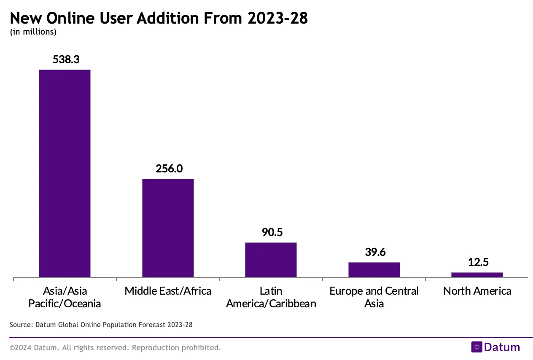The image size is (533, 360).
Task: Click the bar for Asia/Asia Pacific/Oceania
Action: pyautogui.click(x=65, y=173)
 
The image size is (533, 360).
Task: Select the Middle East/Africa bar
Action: pyautogui.click(x=168, y=228)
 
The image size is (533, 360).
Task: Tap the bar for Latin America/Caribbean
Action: pyautogui.click(x=271, y=260)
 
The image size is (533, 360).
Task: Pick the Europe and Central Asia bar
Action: pyautogui.click(x=374, y=270)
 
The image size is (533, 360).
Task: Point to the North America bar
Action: pyautogui.click(x=477, y=275)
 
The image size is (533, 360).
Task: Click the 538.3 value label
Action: pyautogui.click(x=66, y=59)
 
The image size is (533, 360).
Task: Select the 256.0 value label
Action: pyautogui.click(x=169, y=169)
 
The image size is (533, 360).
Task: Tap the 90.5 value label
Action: pyautogui.click(x=272, y=232)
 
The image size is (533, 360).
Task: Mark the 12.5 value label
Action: pyautogui.click(x=478, y=262)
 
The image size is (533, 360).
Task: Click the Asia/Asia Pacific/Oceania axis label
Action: pyautogui.click(x=65, y=297)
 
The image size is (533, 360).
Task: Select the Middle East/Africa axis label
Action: pyautogui.click(x=168, y=291)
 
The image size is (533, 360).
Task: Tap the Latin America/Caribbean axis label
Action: pyautogui.click(x=271, y=297)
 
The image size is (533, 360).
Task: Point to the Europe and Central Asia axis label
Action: pyautogui.click(x=374, y=297)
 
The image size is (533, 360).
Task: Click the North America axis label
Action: pyautogui.click(x=477, y=291)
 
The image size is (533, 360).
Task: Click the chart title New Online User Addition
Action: pyautogui.click(x=159, y=19)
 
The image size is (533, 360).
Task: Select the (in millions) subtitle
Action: pyautogui.click(x=33, y=32)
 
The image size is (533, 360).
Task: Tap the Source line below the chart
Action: pyautogui.click(x=101, y=325)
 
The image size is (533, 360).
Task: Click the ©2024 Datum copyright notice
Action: pyautogui.click(x=115, y=348)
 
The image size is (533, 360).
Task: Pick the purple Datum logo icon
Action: pyautogui.click(x=476, y=347)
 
